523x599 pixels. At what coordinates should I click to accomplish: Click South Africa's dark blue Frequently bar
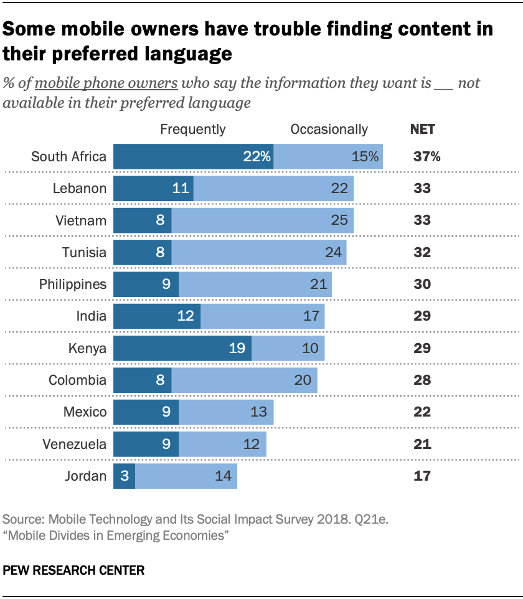tap(193, 157)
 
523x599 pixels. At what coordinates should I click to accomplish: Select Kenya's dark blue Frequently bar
tap(182, 348)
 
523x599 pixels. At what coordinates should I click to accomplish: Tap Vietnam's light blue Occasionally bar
tap(262, 220)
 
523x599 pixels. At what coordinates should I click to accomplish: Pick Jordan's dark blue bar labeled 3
tap(124, 476)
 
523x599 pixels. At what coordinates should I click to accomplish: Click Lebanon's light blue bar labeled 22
tap(273, 189)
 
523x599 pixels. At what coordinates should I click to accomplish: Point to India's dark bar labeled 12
tap(156, 316)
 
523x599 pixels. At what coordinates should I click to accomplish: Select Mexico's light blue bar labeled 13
tap(226, 412)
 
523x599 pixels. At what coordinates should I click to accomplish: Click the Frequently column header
tap(193, 130)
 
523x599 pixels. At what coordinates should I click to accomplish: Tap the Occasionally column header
tap(329, 130)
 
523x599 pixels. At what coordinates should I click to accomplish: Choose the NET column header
tap(423, 130)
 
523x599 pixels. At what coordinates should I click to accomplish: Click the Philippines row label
tap(73, 285)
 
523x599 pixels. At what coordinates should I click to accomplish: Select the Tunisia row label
tap(84, 253)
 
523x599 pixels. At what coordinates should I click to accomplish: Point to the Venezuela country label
tap(75, 444)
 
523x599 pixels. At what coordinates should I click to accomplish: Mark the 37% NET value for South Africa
tap(427, 157)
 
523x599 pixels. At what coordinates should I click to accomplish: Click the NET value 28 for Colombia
tap(423, 380)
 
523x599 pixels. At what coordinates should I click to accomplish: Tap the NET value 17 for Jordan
tap(422, 476)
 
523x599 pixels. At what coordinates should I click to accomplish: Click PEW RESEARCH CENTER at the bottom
tap(73, 570)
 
